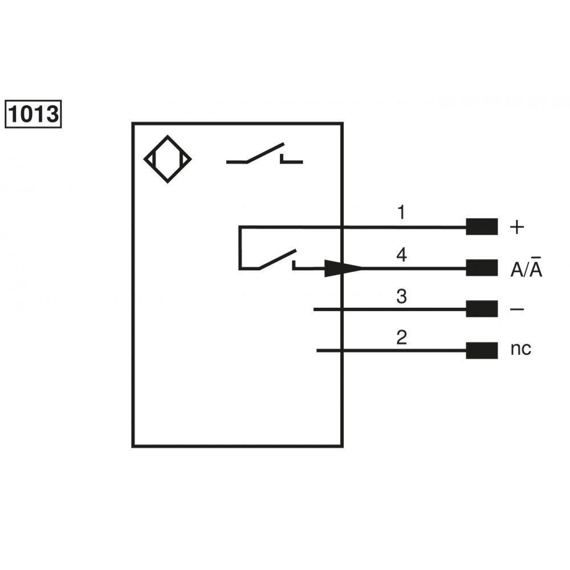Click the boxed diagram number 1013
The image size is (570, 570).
click(32, 113)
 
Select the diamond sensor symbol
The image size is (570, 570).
click(167, 160)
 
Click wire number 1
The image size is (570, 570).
click(401, 213)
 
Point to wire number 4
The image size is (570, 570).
click(401, 255)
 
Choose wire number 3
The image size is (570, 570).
click(401, 297)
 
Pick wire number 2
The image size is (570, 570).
click(401, 338)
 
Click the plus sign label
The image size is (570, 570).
click(516, 227)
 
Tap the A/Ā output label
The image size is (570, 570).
click(526, 269)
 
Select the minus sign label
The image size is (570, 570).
click(516, 310)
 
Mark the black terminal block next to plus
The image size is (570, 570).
click(482, 227)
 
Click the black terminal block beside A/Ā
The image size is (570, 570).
click(482, 268)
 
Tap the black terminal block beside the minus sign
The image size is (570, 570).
click(482, 309)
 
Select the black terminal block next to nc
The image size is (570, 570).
click(482, 351)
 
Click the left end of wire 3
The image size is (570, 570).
click(315, 310)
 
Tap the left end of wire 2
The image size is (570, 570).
click(318, 351)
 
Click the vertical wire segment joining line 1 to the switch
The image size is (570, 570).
click(240, 247)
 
